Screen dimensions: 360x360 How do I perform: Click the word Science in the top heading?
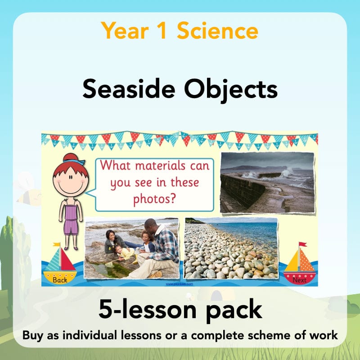coord(218,31)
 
